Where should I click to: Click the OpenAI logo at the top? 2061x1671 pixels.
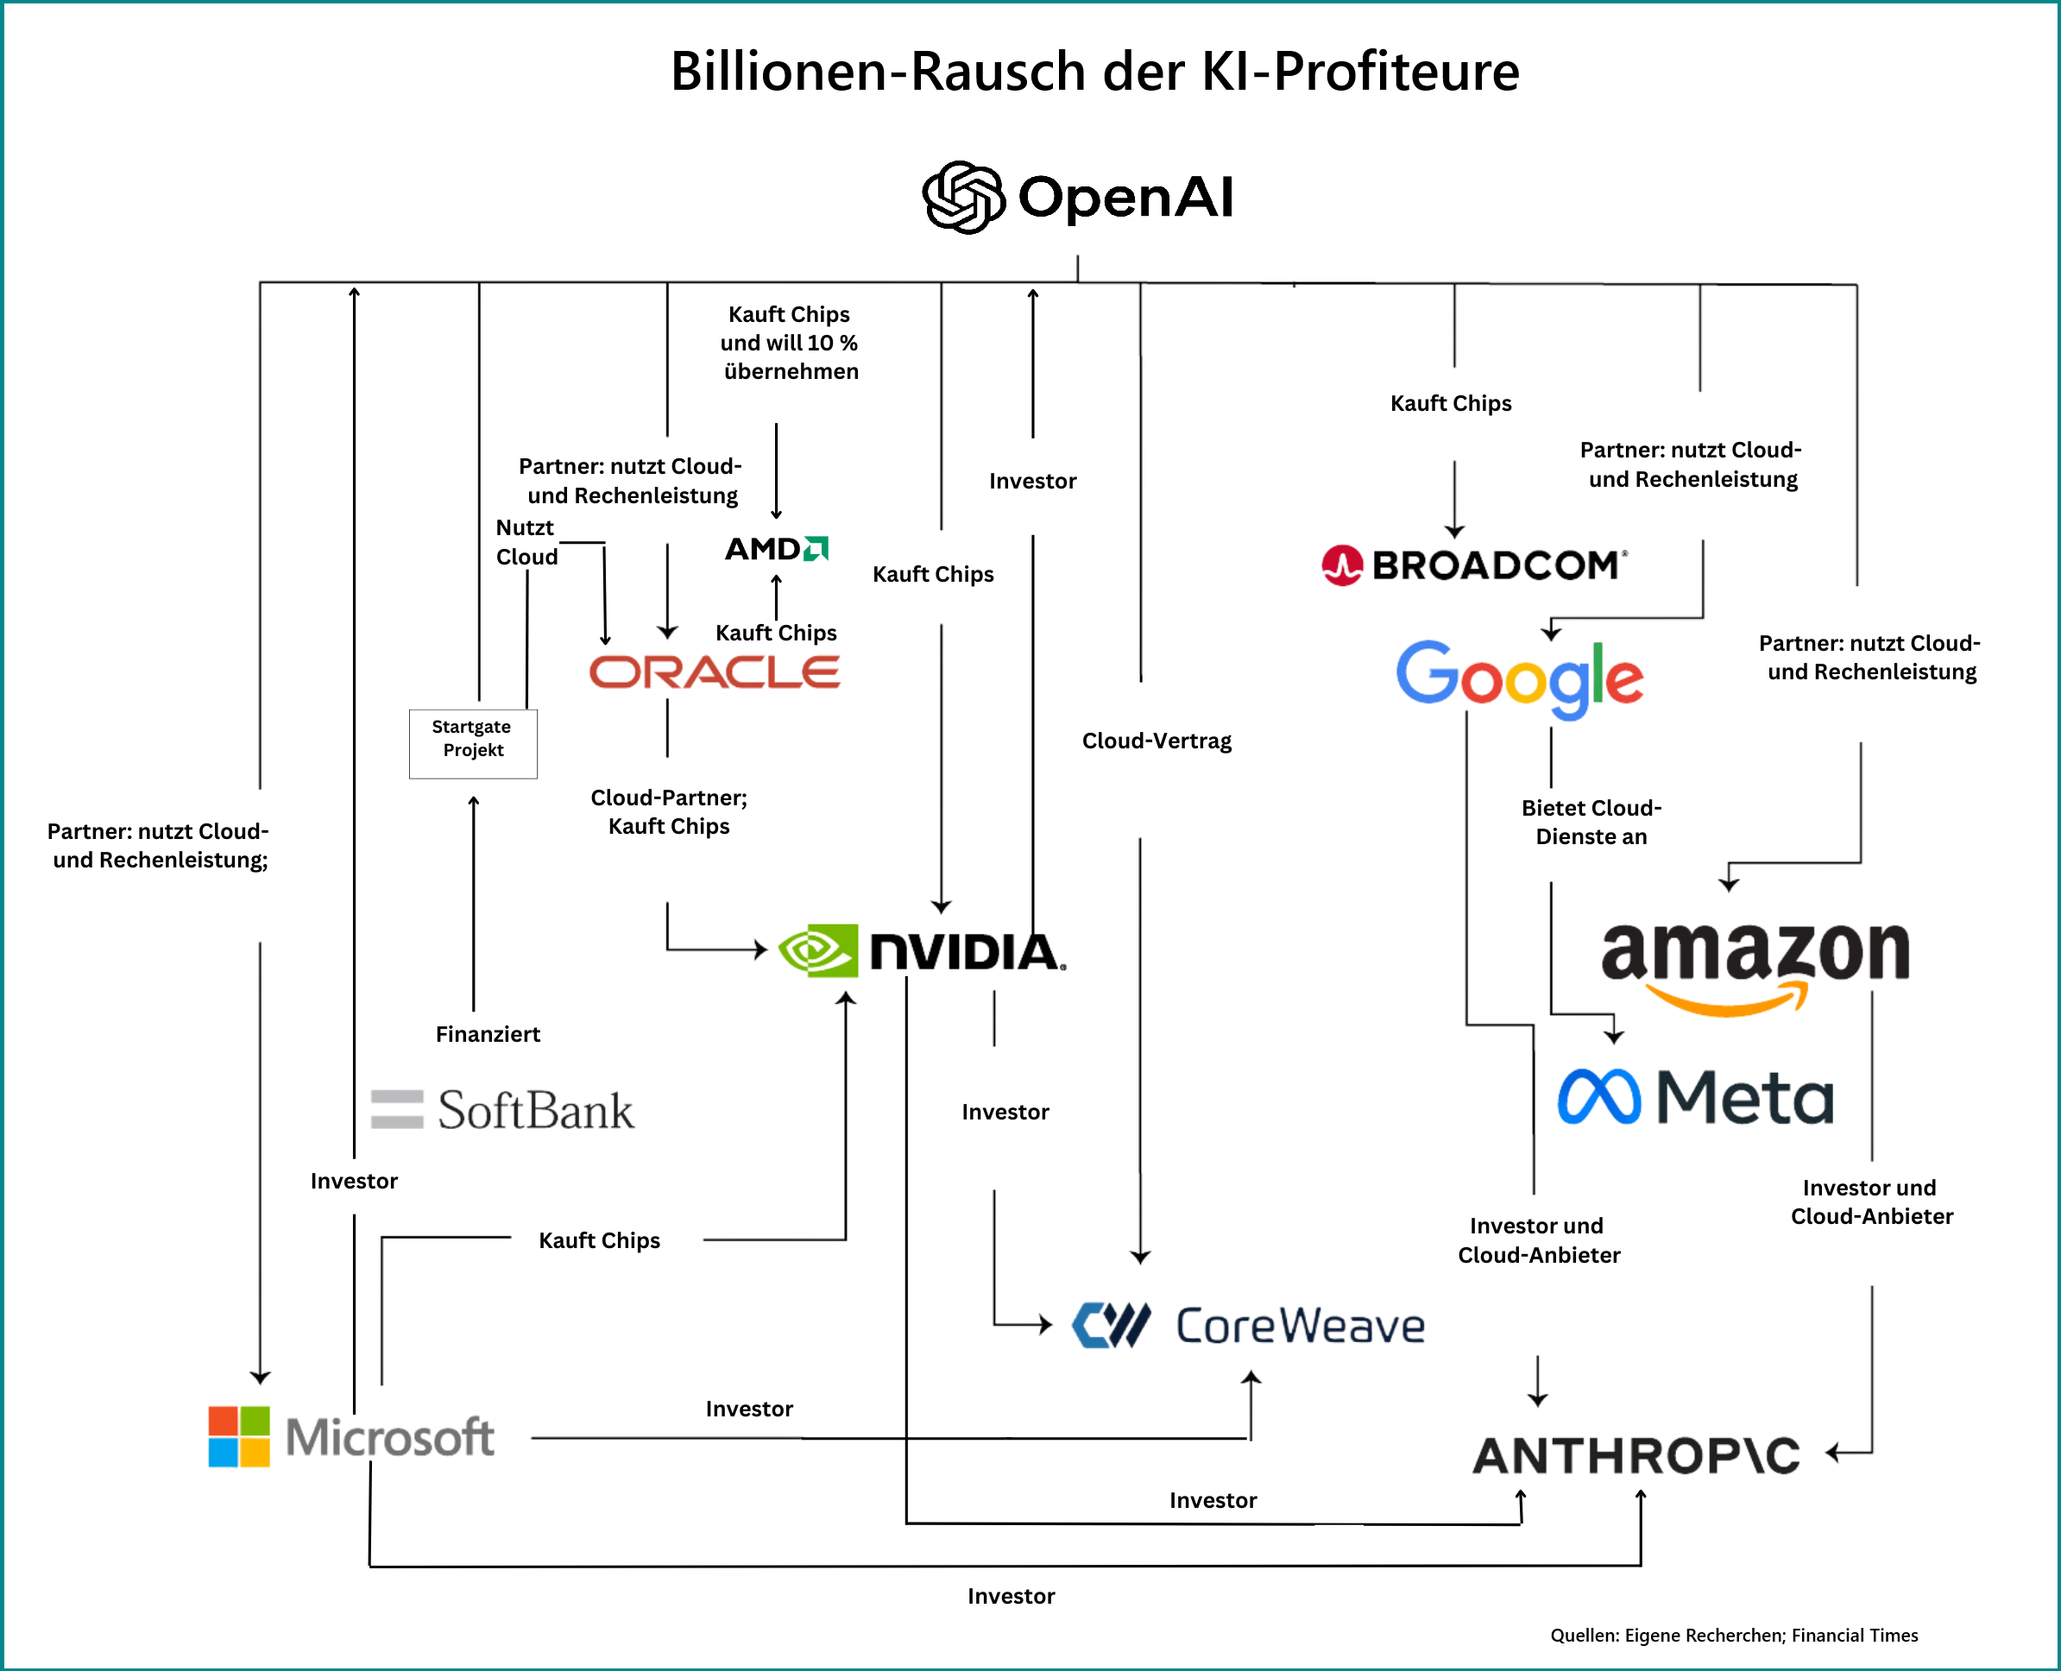[x=1077, y=198]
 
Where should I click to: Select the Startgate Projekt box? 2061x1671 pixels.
[x=473, y=743]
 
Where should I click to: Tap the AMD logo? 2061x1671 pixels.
[x=776, y=549]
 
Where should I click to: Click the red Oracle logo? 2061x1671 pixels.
[x=715, y=672]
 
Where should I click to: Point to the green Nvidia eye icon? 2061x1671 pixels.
[x=817, y=951]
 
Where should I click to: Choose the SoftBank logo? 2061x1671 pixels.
[x=502, y=1110]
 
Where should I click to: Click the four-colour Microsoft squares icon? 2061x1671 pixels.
[x=239, y=1436]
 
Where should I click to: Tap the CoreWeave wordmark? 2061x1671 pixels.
[x=1300, y=1326]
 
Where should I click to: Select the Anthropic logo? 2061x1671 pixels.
[x=1636, y=1455]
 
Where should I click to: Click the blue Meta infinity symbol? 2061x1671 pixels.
[x=1598, y=1097]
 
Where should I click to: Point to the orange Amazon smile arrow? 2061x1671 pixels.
[x=1727, y=1000]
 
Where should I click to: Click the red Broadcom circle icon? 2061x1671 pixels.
[x=1342, y=565]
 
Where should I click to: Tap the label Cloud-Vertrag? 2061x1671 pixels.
[x=1157, y=741]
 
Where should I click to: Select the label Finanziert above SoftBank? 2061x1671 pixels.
[x=488, y=1035]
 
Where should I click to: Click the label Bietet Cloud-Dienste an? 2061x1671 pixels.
[x=1591, y=822]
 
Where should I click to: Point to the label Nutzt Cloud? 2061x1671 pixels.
[x=526, y=542]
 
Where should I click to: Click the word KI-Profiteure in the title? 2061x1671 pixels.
[x=1396, y=72]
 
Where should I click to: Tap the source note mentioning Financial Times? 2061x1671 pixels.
[x=1734, y=1636]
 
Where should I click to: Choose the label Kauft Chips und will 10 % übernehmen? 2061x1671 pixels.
[x=790, y=343]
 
